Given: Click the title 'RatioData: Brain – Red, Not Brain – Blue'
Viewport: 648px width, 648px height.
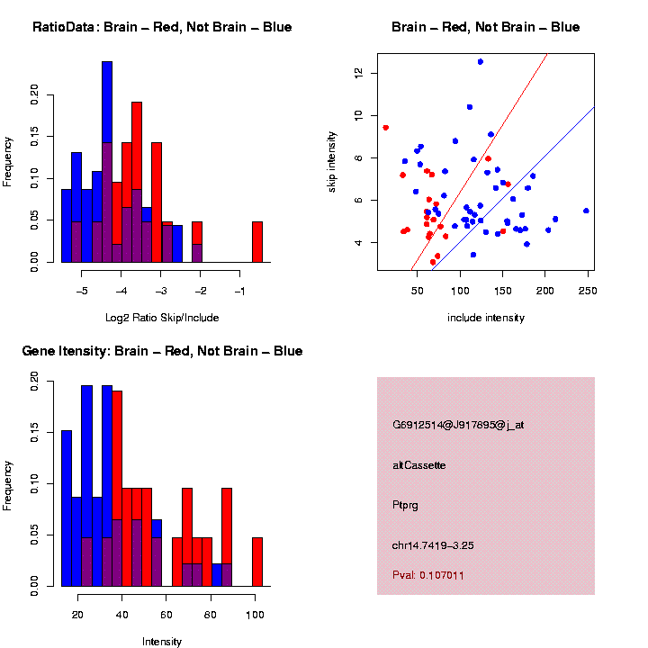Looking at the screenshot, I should coord(162,27).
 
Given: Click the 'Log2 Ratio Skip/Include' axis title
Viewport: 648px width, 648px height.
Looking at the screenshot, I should coord(162,317).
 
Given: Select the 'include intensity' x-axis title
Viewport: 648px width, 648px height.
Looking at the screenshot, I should coord(486,317).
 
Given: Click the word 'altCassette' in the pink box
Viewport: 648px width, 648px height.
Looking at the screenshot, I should coord(419,465).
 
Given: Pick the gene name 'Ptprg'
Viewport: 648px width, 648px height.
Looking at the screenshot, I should coord(407,505).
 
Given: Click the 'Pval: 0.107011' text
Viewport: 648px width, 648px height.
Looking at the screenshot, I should coord(428,575).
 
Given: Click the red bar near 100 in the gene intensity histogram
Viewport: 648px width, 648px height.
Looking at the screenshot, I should coord(257,562).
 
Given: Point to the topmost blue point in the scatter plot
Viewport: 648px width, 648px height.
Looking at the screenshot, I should coord(481,61).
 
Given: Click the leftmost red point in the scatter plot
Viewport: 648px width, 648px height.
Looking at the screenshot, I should coord(385,128).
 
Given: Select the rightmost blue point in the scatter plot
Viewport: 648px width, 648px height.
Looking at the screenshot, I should coord(586,211).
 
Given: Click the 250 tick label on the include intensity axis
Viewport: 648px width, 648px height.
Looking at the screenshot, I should coord(587,291).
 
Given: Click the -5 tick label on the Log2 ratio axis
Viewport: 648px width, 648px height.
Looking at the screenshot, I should coord(81,291).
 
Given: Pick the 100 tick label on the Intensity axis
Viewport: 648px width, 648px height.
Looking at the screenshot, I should coord(255,615).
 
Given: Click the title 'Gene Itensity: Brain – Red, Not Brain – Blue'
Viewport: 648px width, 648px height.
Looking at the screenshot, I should coord(162,351).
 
